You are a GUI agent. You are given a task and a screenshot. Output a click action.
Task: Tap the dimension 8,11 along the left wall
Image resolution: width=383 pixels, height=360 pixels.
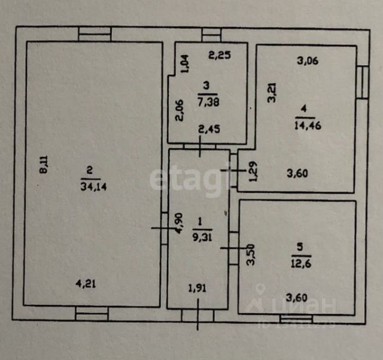(43, 164)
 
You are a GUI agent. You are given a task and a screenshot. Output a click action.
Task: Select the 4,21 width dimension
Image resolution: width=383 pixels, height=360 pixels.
(86, 284)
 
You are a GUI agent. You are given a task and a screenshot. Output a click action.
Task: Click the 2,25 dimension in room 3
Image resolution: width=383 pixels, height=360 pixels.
(220, 56)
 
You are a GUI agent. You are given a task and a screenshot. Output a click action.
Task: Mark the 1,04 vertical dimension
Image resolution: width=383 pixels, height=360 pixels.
(185, 63)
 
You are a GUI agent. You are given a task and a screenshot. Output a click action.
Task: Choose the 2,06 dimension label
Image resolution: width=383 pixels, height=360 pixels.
(180, 111)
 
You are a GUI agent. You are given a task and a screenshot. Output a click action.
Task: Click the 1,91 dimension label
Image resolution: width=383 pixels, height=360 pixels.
(197, 288)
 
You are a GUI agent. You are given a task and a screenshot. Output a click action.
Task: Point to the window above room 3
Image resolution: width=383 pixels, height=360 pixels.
(211, 35)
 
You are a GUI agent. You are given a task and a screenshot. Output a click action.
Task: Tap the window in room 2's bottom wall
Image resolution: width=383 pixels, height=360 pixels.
(92, 313)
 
